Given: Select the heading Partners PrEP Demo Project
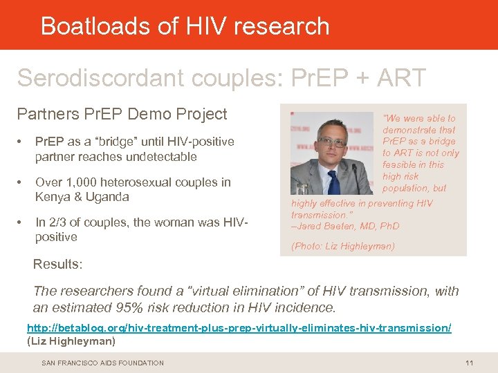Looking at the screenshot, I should pos(122,113).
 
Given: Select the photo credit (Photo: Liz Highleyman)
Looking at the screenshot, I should pos(343,246).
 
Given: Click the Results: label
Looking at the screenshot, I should pos(58,265).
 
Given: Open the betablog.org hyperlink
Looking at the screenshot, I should pos(239,328).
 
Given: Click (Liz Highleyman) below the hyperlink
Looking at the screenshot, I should pos(71,341).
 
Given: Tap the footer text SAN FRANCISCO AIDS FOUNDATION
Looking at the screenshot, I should pos(102,363).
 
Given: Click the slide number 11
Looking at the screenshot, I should pos(469,363).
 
